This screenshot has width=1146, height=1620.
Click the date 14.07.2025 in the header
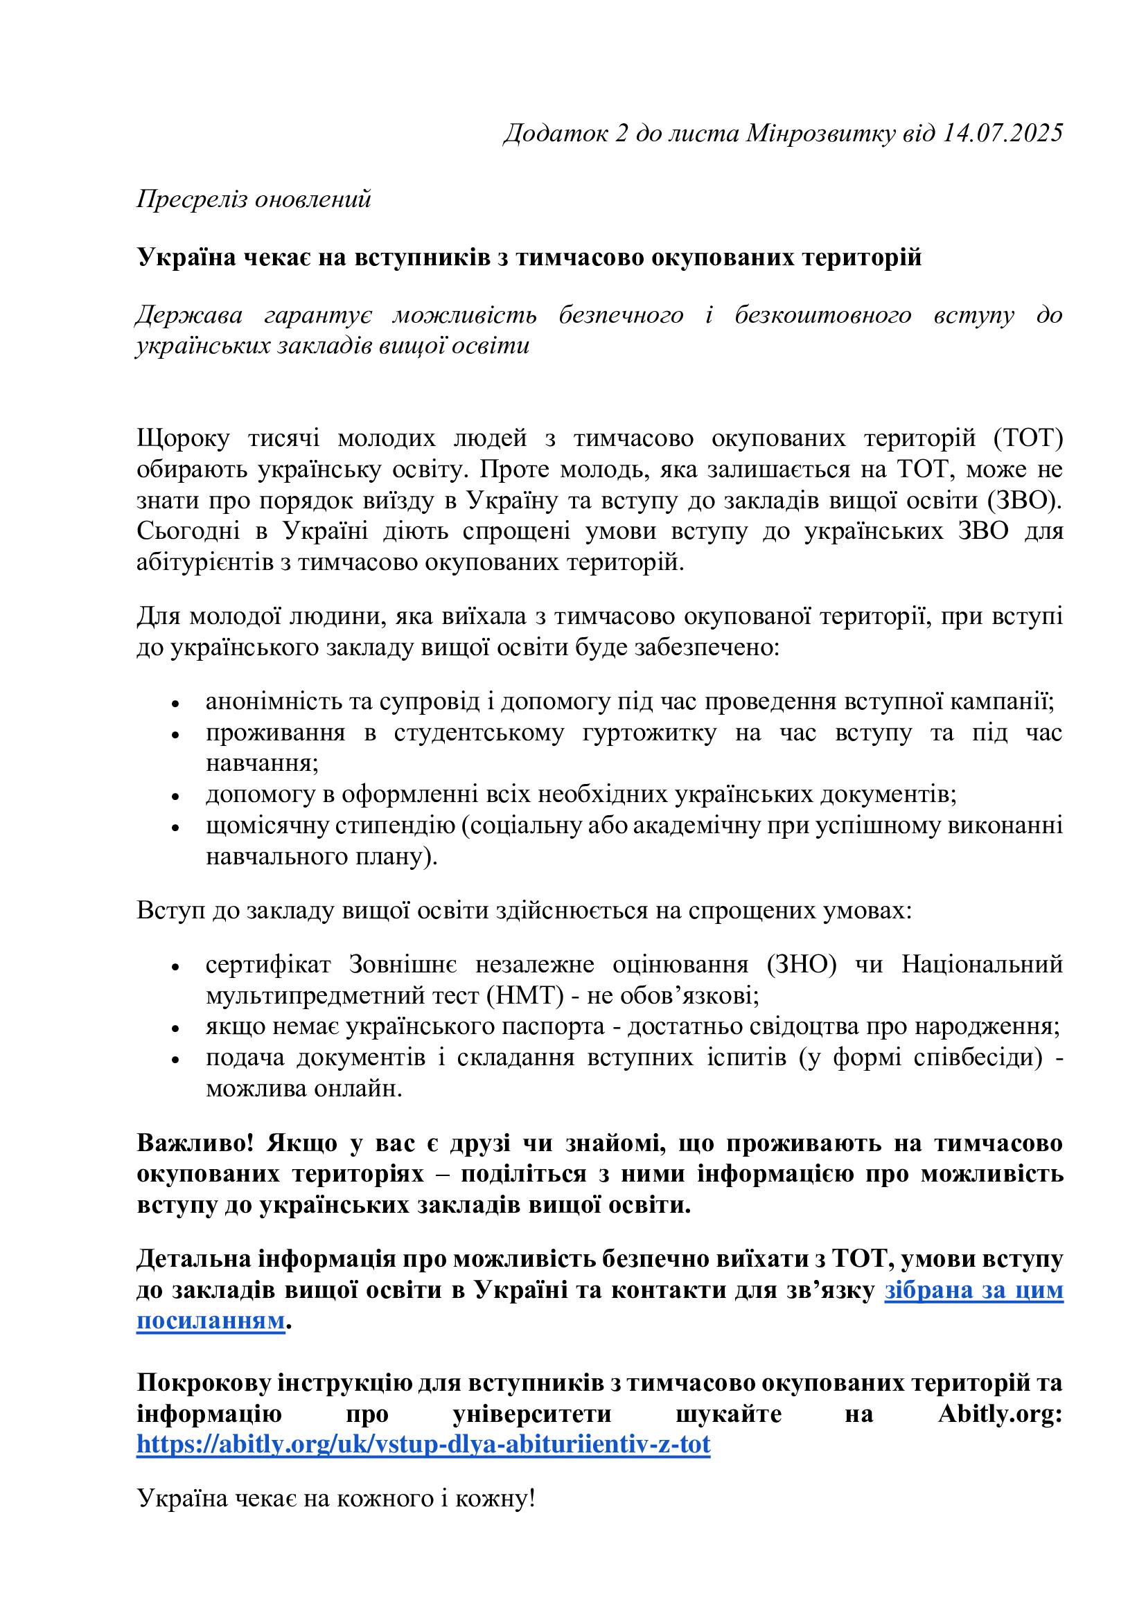pos(1003,133)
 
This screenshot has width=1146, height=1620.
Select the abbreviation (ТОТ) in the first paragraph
pos(1028,438)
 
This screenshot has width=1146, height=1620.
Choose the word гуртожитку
pos(649,733)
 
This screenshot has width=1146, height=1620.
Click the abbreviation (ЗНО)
pos(802,965)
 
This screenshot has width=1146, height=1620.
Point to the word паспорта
pos(562,1026)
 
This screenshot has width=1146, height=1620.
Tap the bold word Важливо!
pos(195,1143)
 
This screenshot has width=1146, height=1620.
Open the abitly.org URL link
pos(423,1444)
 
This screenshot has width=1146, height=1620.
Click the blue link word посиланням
pos(211,1321)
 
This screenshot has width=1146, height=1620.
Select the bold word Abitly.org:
pos(1000,1414)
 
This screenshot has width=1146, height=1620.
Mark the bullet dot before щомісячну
pos(176,828)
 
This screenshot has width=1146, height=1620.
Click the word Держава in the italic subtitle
pos(189,314)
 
